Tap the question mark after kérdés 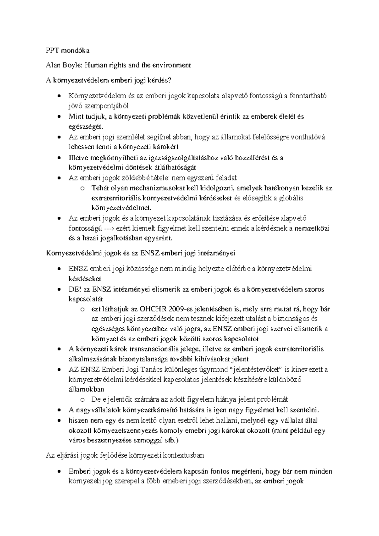[x=171, y=81]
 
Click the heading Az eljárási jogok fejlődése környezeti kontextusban [x=125, y=455]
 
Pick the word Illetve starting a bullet [x=78, y=158]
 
